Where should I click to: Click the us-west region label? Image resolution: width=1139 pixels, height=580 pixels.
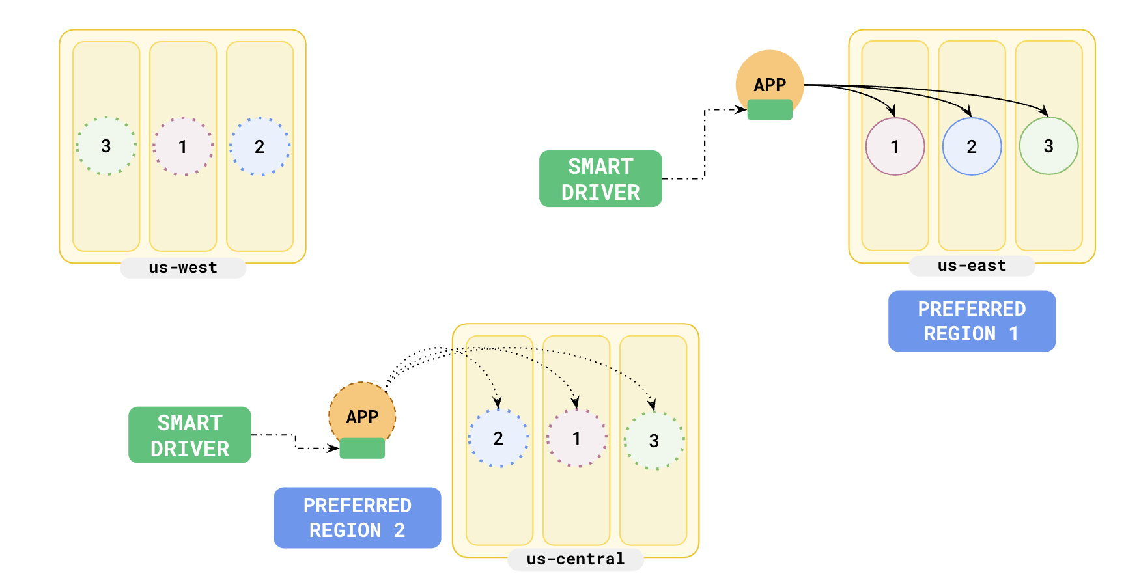pyautogui.click(x=183, y=268)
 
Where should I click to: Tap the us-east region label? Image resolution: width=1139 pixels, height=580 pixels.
pyautogui.click(x=972, y=266)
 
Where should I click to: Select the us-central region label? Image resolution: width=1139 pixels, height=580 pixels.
pyautogui.click(x=576, y=559)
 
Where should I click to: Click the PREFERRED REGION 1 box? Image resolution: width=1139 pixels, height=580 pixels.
pyautogui.click(x=972, y=321)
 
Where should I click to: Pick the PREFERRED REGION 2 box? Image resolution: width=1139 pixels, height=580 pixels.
pyautogui.click(x=358, y=518)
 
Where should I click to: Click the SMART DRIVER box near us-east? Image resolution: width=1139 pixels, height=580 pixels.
pyautogui.click(x=600, y=179)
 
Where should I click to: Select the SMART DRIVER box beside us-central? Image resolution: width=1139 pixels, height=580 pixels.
pyautogui.click(x=190, y=435)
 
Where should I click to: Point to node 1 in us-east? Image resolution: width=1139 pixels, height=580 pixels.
pyautogui.click(x=895, y=146)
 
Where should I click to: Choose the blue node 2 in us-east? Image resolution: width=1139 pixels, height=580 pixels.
pyautogui.click(x=972, y=146)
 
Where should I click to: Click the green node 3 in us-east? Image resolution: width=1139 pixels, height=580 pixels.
pyautogui.click(x=1048, y=146)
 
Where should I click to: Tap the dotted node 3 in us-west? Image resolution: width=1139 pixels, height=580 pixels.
pyautogui.click(x=106, y=146)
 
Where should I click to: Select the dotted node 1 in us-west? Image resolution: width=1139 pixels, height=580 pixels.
pyautogui.click(x=183, y=146)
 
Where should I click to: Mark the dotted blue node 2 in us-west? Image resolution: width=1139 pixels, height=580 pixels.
pyautogui.click(x=260, y=146)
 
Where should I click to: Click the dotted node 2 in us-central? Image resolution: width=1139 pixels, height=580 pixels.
pyautogui.click(x=498, y=438)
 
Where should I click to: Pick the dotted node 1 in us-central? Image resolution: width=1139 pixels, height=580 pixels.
pyautogui.click(x=576, y=438)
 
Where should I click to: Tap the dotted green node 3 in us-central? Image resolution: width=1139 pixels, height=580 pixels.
pyautogui.click(x=654, y=441)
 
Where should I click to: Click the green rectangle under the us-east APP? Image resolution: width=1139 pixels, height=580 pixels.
pyautogui.click(x=770, y=109)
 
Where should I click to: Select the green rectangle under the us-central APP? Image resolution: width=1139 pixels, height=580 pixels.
pyautogui.click(x=362, y=449)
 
